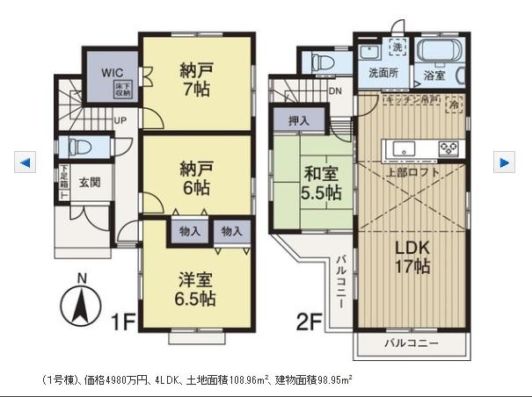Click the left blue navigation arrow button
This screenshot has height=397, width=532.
pyautogui.click(x=25, y=162)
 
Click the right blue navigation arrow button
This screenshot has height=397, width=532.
pyautogui.click(x=504, y=162)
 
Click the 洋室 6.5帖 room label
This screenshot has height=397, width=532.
pyautogui.click(x=195, y=287)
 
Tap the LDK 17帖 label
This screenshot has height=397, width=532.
pyautogui.click(x=411, y=255)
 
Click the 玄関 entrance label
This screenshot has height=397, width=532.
pyautogui.click(x=89, y=183)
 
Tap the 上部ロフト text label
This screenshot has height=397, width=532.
pyautogui.click(x=412, y=172)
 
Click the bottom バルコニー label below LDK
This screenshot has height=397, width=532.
pyautogui.click(x=410, y=343)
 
